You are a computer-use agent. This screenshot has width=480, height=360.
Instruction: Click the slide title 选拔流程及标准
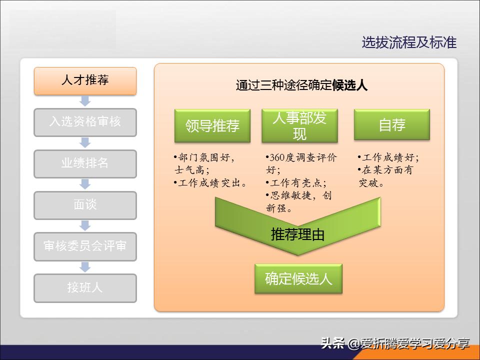[409, 42]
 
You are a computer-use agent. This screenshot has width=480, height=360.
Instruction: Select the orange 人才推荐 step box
[85, 80]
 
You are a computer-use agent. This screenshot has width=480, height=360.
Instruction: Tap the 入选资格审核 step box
[85, 122]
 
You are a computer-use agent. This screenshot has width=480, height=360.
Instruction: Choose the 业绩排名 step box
[85, 163]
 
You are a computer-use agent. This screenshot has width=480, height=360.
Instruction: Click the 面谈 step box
[85, 205]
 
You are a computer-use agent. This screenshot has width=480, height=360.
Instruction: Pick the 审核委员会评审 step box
[85, 246]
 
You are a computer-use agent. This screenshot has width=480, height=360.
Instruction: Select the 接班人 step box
[85, 288]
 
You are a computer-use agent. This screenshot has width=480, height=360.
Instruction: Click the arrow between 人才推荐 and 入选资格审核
[85, 101]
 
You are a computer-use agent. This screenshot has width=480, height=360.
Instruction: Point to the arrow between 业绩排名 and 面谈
[85, 184]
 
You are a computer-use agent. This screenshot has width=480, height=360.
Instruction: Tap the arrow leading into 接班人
[85, 267]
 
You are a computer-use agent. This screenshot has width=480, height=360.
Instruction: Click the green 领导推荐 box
[212, 125]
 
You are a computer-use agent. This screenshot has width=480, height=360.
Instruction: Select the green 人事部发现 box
[299, 125]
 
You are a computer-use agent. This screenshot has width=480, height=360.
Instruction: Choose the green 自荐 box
[391, 124]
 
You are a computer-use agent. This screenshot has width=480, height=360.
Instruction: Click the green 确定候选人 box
[298, 278]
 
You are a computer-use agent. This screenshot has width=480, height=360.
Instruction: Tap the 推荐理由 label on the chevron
[298, 234]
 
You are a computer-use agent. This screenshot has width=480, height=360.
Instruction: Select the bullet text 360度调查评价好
[301, 163]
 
